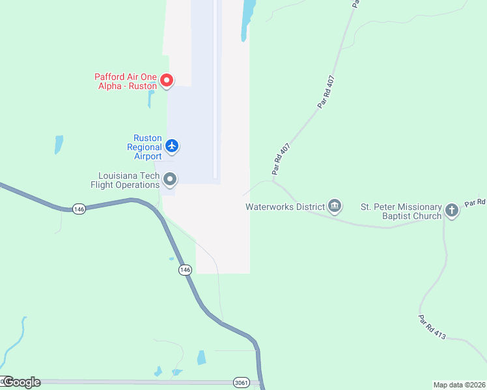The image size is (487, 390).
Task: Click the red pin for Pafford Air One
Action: click(x=167, y=80)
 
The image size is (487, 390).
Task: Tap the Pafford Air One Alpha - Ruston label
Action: click(x=126, y=81)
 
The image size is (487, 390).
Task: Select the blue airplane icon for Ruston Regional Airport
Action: click(x=172, y=145)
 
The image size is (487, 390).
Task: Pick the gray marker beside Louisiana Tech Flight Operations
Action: click(x=170, y=178)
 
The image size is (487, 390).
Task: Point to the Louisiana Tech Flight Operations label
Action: click(x=128, y=180)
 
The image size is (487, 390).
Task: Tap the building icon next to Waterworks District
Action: click(x=335, y=206)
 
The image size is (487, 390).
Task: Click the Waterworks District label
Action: click(x=285, y=207)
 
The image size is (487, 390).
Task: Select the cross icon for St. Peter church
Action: click(x=452, y=210)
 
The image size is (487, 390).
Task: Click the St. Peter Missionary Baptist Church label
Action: click(x=401, y=211)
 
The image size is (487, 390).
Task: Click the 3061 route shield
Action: click(x=241, y=383)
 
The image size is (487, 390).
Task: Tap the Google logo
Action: click(x=21, y=382)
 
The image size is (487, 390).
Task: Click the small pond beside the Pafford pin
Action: click(x=151, y=99)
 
